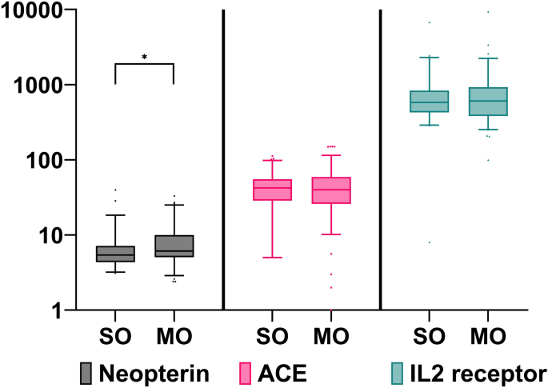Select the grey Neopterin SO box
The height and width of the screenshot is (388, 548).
(x=115, y=254)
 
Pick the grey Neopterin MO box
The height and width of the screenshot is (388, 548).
(x=174, y=246)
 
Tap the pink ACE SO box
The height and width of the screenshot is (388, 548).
(x=273, y=190)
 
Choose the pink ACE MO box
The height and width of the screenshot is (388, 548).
(x=331, y=190)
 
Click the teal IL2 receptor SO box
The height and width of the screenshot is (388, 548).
(x=430, y=102)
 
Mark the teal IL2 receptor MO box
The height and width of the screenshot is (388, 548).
(x=488, y=102)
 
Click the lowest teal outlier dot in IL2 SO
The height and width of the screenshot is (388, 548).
(x=430, y=242)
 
